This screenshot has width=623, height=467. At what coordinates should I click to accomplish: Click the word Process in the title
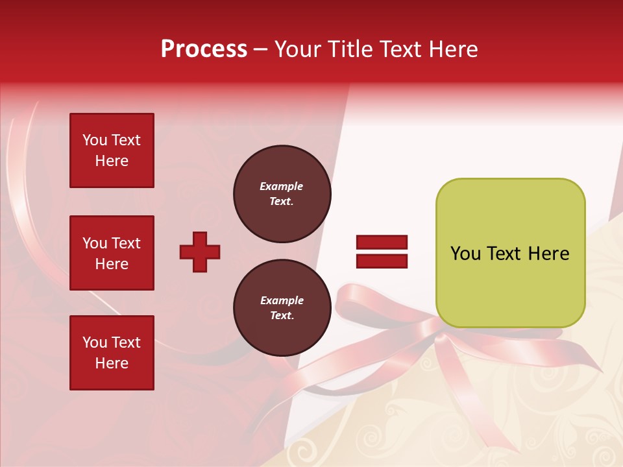[204, 49]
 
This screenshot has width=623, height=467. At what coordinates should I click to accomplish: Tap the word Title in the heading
[349, 49]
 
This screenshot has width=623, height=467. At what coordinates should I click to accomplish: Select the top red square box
[112, 150]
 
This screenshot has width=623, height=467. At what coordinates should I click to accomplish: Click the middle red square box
[112, 253]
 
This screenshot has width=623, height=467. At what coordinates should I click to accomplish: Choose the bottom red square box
[112, 353]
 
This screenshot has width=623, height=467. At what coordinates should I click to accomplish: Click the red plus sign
[200, 252]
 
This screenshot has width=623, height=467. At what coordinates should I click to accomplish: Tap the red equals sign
[382, 252]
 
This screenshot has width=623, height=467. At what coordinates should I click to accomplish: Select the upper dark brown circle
[282, 193]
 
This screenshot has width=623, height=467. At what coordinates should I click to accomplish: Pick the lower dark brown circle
[282, 308]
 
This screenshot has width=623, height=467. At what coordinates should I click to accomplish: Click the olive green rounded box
[510, 253]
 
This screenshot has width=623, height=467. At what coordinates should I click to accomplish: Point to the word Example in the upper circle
[282, 186]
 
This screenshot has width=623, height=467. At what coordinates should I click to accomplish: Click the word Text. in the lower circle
[282, 316]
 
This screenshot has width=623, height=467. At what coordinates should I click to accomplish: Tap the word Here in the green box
[548, 254]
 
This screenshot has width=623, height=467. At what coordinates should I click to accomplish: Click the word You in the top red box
[95, 140]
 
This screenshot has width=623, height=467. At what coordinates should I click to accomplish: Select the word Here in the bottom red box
[112, 363]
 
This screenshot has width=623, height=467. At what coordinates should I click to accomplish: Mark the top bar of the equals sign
[382, 243]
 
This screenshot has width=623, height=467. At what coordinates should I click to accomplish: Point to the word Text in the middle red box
[126, 243]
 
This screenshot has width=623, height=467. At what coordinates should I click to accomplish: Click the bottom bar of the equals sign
[382, 261]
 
